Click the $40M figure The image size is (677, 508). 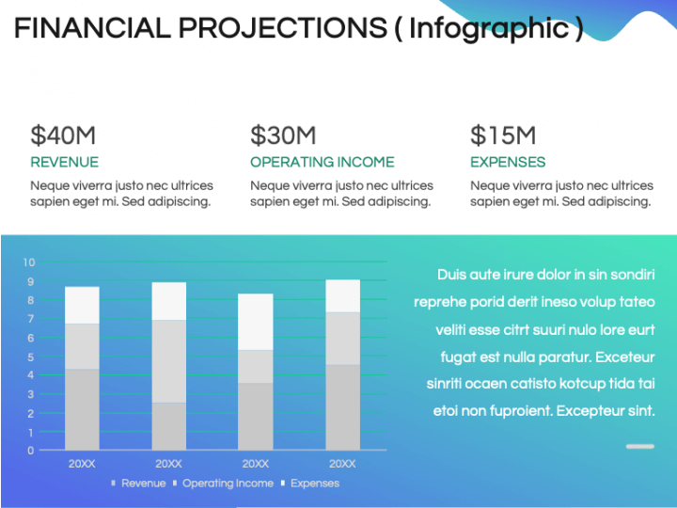coord(63,135)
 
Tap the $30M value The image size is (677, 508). coord(283,135)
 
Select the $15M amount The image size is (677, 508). coord(503,135)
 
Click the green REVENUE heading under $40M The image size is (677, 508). coord(64,162)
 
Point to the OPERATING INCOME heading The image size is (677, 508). coord(322,162)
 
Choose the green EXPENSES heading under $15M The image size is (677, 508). coord(508,162)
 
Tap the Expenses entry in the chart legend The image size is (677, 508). coord(314,484)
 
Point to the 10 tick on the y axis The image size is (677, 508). coord(29,262)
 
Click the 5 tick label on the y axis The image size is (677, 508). coord(31,357)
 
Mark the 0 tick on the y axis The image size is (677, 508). coord(31,451)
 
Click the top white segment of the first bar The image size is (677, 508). coord(82,305)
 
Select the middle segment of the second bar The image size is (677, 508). coord(168,361)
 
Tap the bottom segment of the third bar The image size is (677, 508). coord(256,416)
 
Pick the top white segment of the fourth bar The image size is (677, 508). coord(342,295)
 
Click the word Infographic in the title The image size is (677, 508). coord(489,28)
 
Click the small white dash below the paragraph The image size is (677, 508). coord(639,446)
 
